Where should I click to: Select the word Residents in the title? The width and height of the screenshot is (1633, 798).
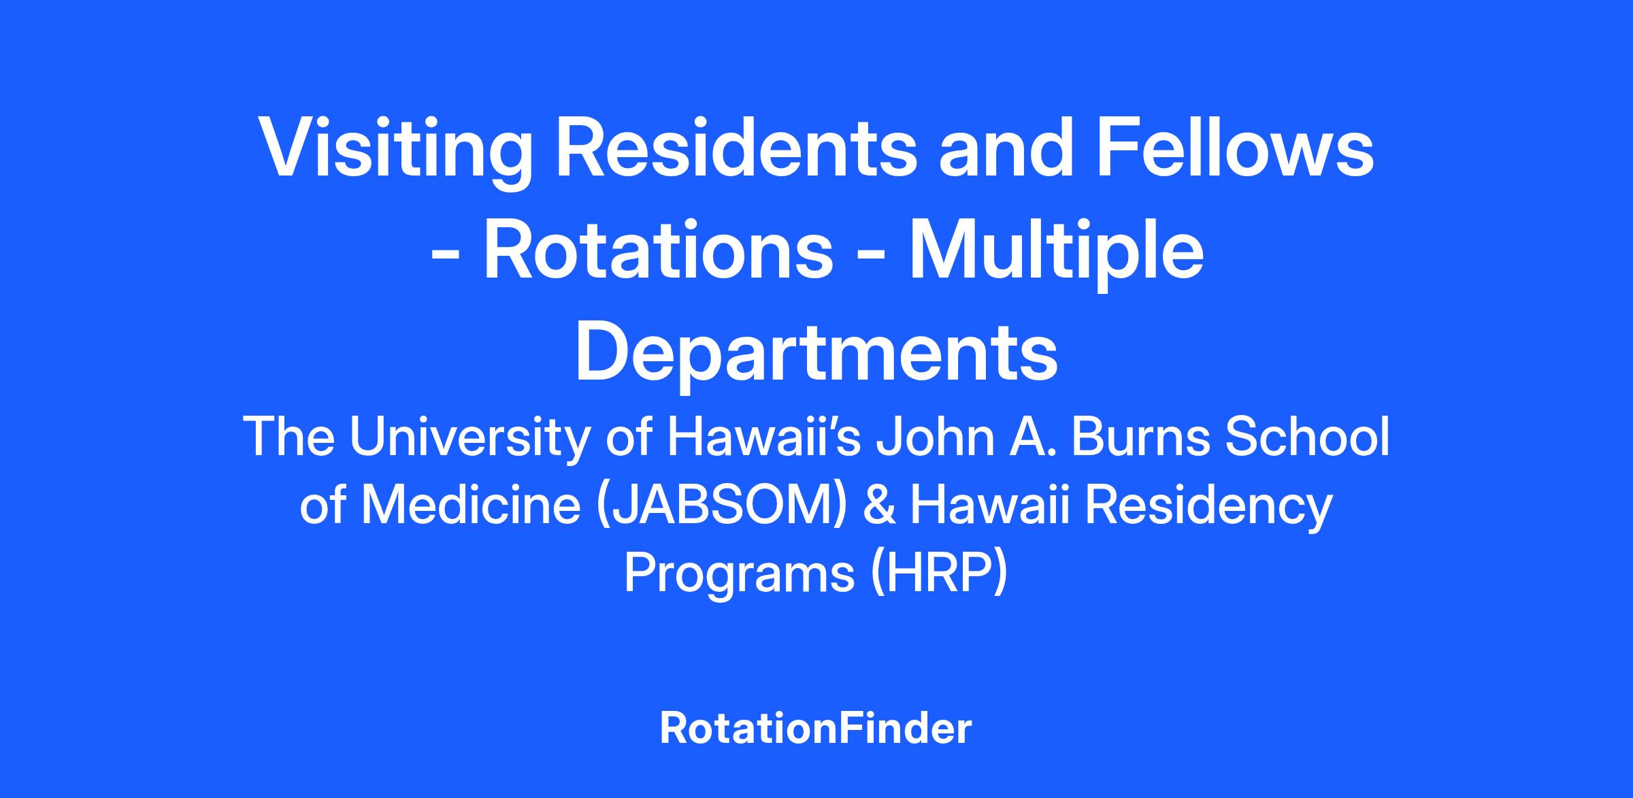pos(736,150)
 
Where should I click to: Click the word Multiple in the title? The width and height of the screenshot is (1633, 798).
pos(1057,255)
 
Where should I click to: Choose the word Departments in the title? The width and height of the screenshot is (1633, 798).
pos(816,354)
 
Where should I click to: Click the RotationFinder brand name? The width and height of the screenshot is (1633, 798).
pos(816,729)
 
